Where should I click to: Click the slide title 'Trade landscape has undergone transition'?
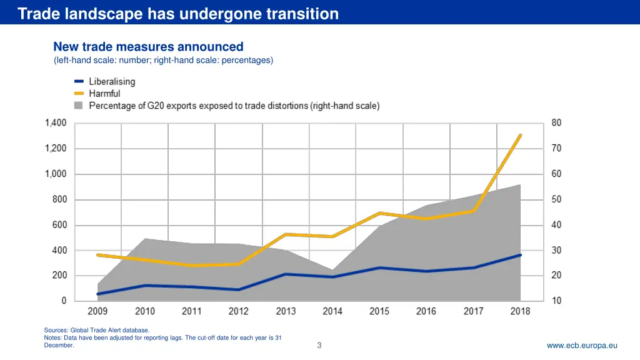click(178, 14)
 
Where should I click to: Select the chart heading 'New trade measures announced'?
click(148, 47)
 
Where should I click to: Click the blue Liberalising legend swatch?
click(79, 82)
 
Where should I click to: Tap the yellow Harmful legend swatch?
click(79, 94)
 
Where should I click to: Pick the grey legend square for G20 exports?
click(79, 106)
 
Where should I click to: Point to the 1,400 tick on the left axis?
click(56, 123)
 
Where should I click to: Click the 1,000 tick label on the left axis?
click(56, 174)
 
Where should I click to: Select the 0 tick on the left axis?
click(64, 301)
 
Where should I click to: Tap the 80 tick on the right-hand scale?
click(556, 123)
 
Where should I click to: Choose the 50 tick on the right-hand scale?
click(556, 199)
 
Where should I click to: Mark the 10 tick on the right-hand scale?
click(556, 301)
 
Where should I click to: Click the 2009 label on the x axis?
click(97, 311)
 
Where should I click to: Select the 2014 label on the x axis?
click(332, 311)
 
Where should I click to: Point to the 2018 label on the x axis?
click(520, 311)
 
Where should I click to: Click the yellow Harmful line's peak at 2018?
click(520, 136)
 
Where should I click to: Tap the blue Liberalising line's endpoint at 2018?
click(520, 255)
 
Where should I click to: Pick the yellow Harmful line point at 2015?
click(379, 214)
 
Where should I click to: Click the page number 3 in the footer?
click(319, 345)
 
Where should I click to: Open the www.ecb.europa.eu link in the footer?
click(582, 345)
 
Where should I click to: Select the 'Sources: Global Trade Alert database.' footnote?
click(97, 330)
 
